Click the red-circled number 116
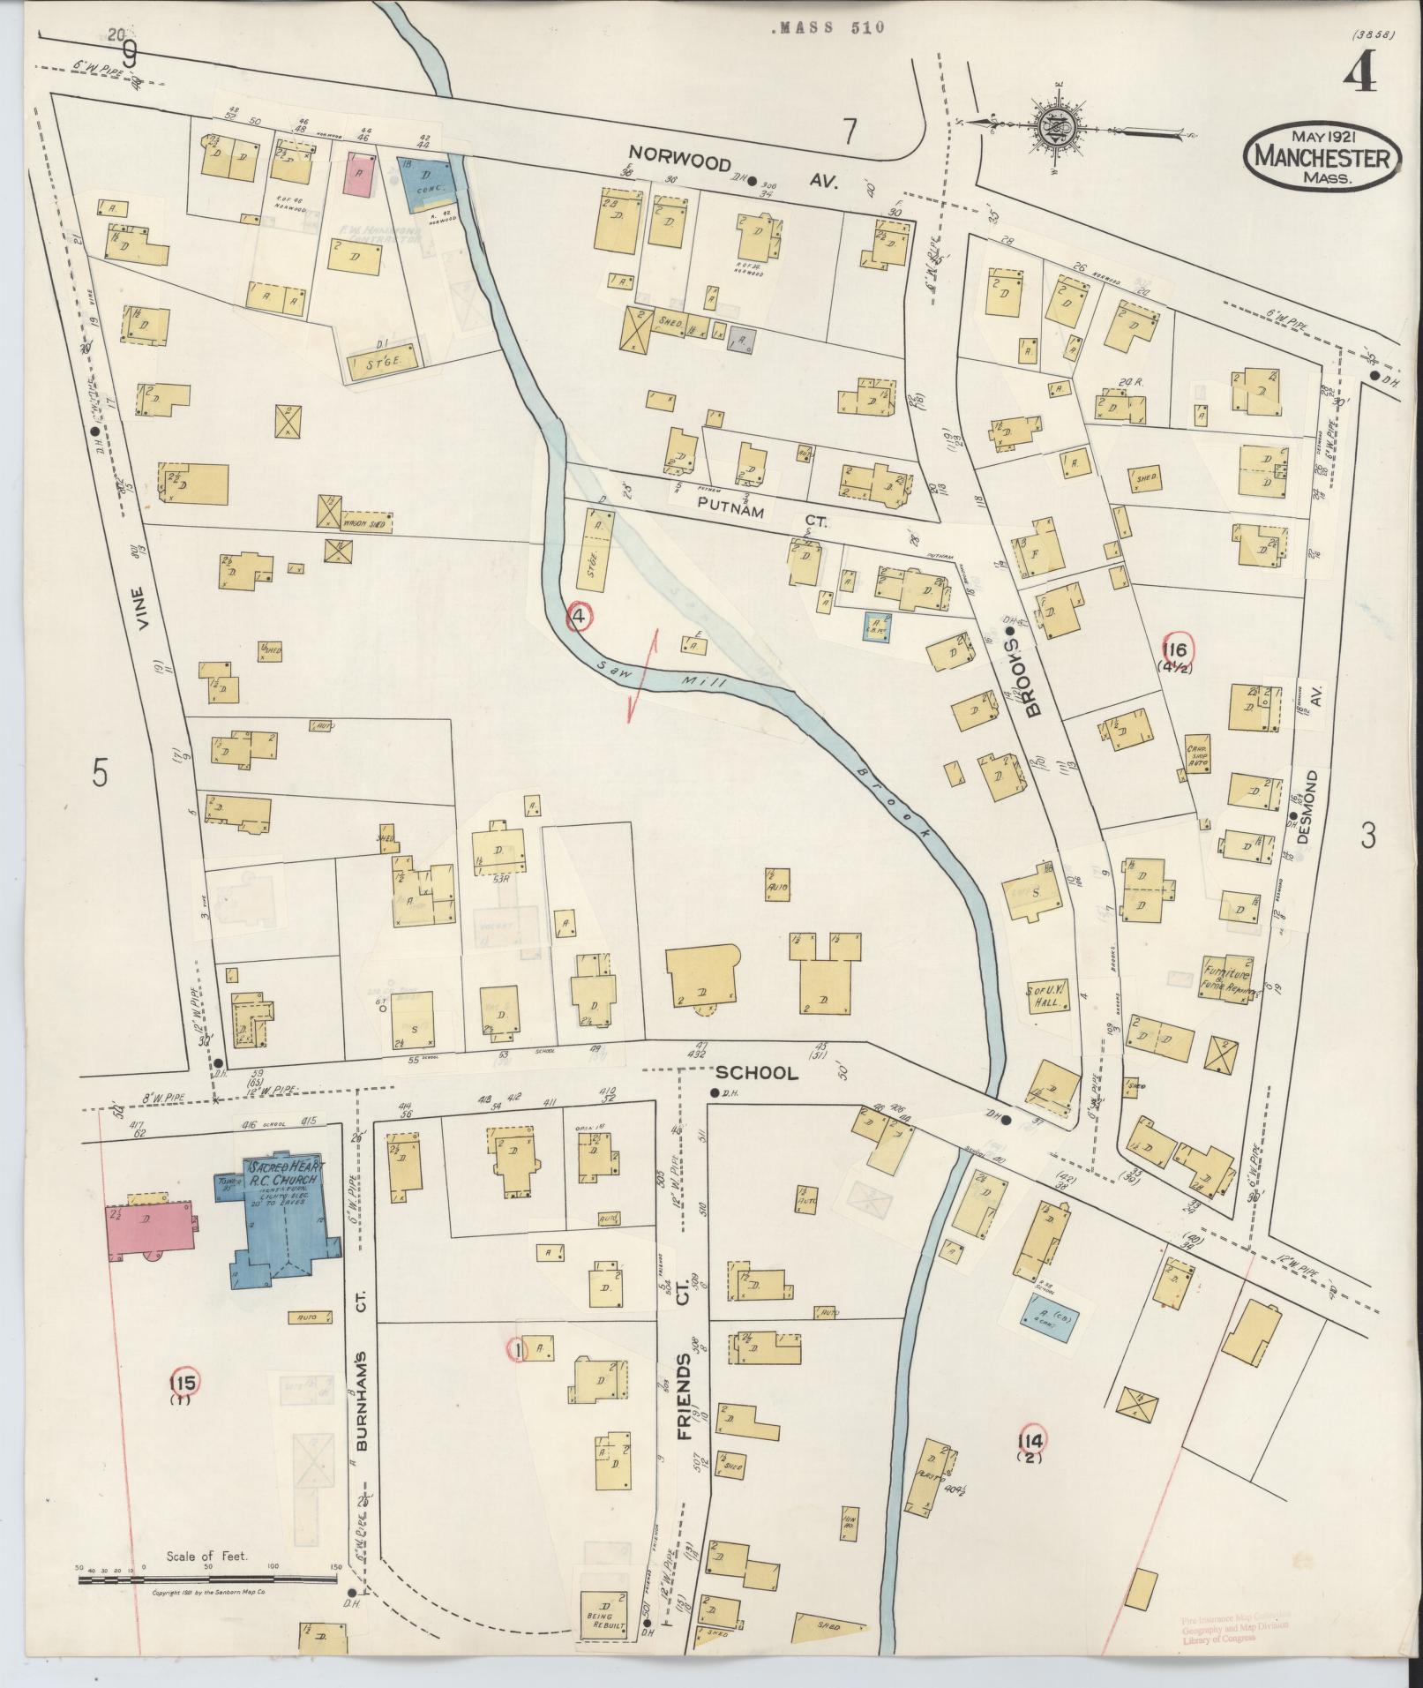(1180, 651)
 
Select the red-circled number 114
(1030, 1441)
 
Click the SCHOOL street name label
(756, 1073)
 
